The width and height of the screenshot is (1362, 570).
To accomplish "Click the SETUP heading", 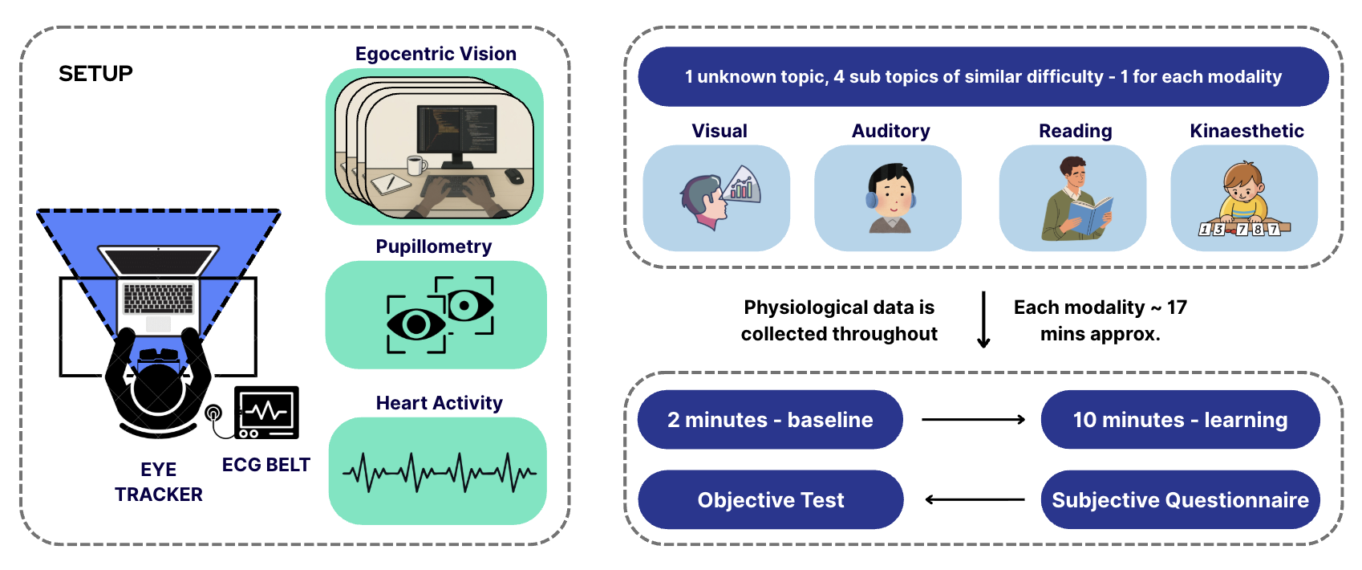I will pos(95,74).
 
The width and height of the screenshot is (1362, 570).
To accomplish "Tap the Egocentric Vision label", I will pos(436,54).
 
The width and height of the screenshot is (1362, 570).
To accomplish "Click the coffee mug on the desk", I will pos(415,165).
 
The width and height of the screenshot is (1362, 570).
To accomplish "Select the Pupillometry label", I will pos(433,246).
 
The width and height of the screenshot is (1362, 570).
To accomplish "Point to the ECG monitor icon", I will pos(266,413).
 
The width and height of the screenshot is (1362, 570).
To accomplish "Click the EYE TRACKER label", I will pos(159,482).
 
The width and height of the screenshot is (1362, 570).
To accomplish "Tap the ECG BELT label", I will pos(266,465).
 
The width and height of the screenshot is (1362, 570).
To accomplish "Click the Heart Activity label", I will pos(439,403).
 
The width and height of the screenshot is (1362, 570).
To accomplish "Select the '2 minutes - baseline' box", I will pos(770,420).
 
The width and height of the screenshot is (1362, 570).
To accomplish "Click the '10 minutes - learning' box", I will pos(1180,420).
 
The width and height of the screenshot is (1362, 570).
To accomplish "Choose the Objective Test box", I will pos(770,500).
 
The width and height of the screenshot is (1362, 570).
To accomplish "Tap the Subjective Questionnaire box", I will pos(1180,500).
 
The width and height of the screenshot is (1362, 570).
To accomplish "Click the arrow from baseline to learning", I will pos(973,419).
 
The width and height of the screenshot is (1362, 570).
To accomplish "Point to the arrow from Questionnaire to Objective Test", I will pos(975,499).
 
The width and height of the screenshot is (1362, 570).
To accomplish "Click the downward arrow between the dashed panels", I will pos(983,320).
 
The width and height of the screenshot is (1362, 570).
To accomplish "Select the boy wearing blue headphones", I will pos(890,197).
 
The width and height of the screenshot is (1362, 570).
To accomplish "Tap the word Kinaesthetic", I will pos(1246,131).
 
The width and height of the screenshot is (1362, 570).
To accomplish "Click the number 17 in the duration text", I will pos(1177,307).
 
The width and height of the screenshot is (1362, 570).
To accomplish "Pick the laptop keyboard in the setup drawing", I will pos(158,299).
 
